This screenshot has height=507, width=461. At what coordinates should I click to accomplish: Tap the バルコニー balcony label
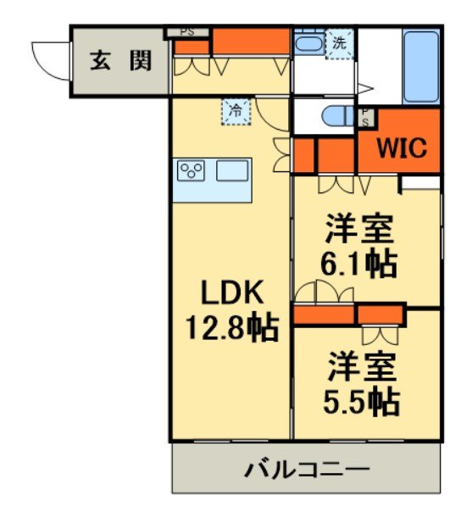(x=308, y=468)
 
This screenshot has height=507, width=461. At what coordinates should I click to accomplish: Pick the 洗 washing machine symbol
(x=339, y=45)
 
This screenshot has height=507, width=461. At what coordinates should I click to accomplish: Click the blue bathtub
(x=420, y=67)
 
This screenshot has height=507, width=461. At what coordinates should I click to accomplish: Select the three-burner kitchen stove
(x=192, y=170)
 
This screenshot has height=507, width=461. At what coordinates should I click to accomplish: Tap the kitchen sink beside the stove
(x=230, y=170)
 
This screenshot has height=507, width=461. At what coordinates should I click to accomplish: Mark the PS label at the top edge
(x=187, y=31)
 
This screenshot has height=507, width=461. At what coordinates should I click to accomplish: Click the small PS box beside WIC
(x=365, y=116)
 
